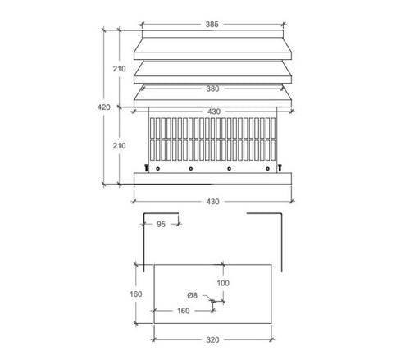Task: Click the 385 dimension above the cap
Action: click(x=212, y=25)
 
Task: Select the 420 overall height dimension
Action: click(x=105, y=107)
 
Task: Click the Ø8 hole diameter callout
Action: click(x=192, y=294)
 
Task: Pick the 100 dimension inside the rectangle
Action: click(x=223, y=283)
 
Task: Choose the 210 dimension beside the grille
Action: click(x=121, y=145)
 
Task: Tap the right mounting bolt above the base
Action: click(x=279, y=168)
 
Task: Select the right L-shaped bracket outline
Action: click(x=279, y=238)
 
